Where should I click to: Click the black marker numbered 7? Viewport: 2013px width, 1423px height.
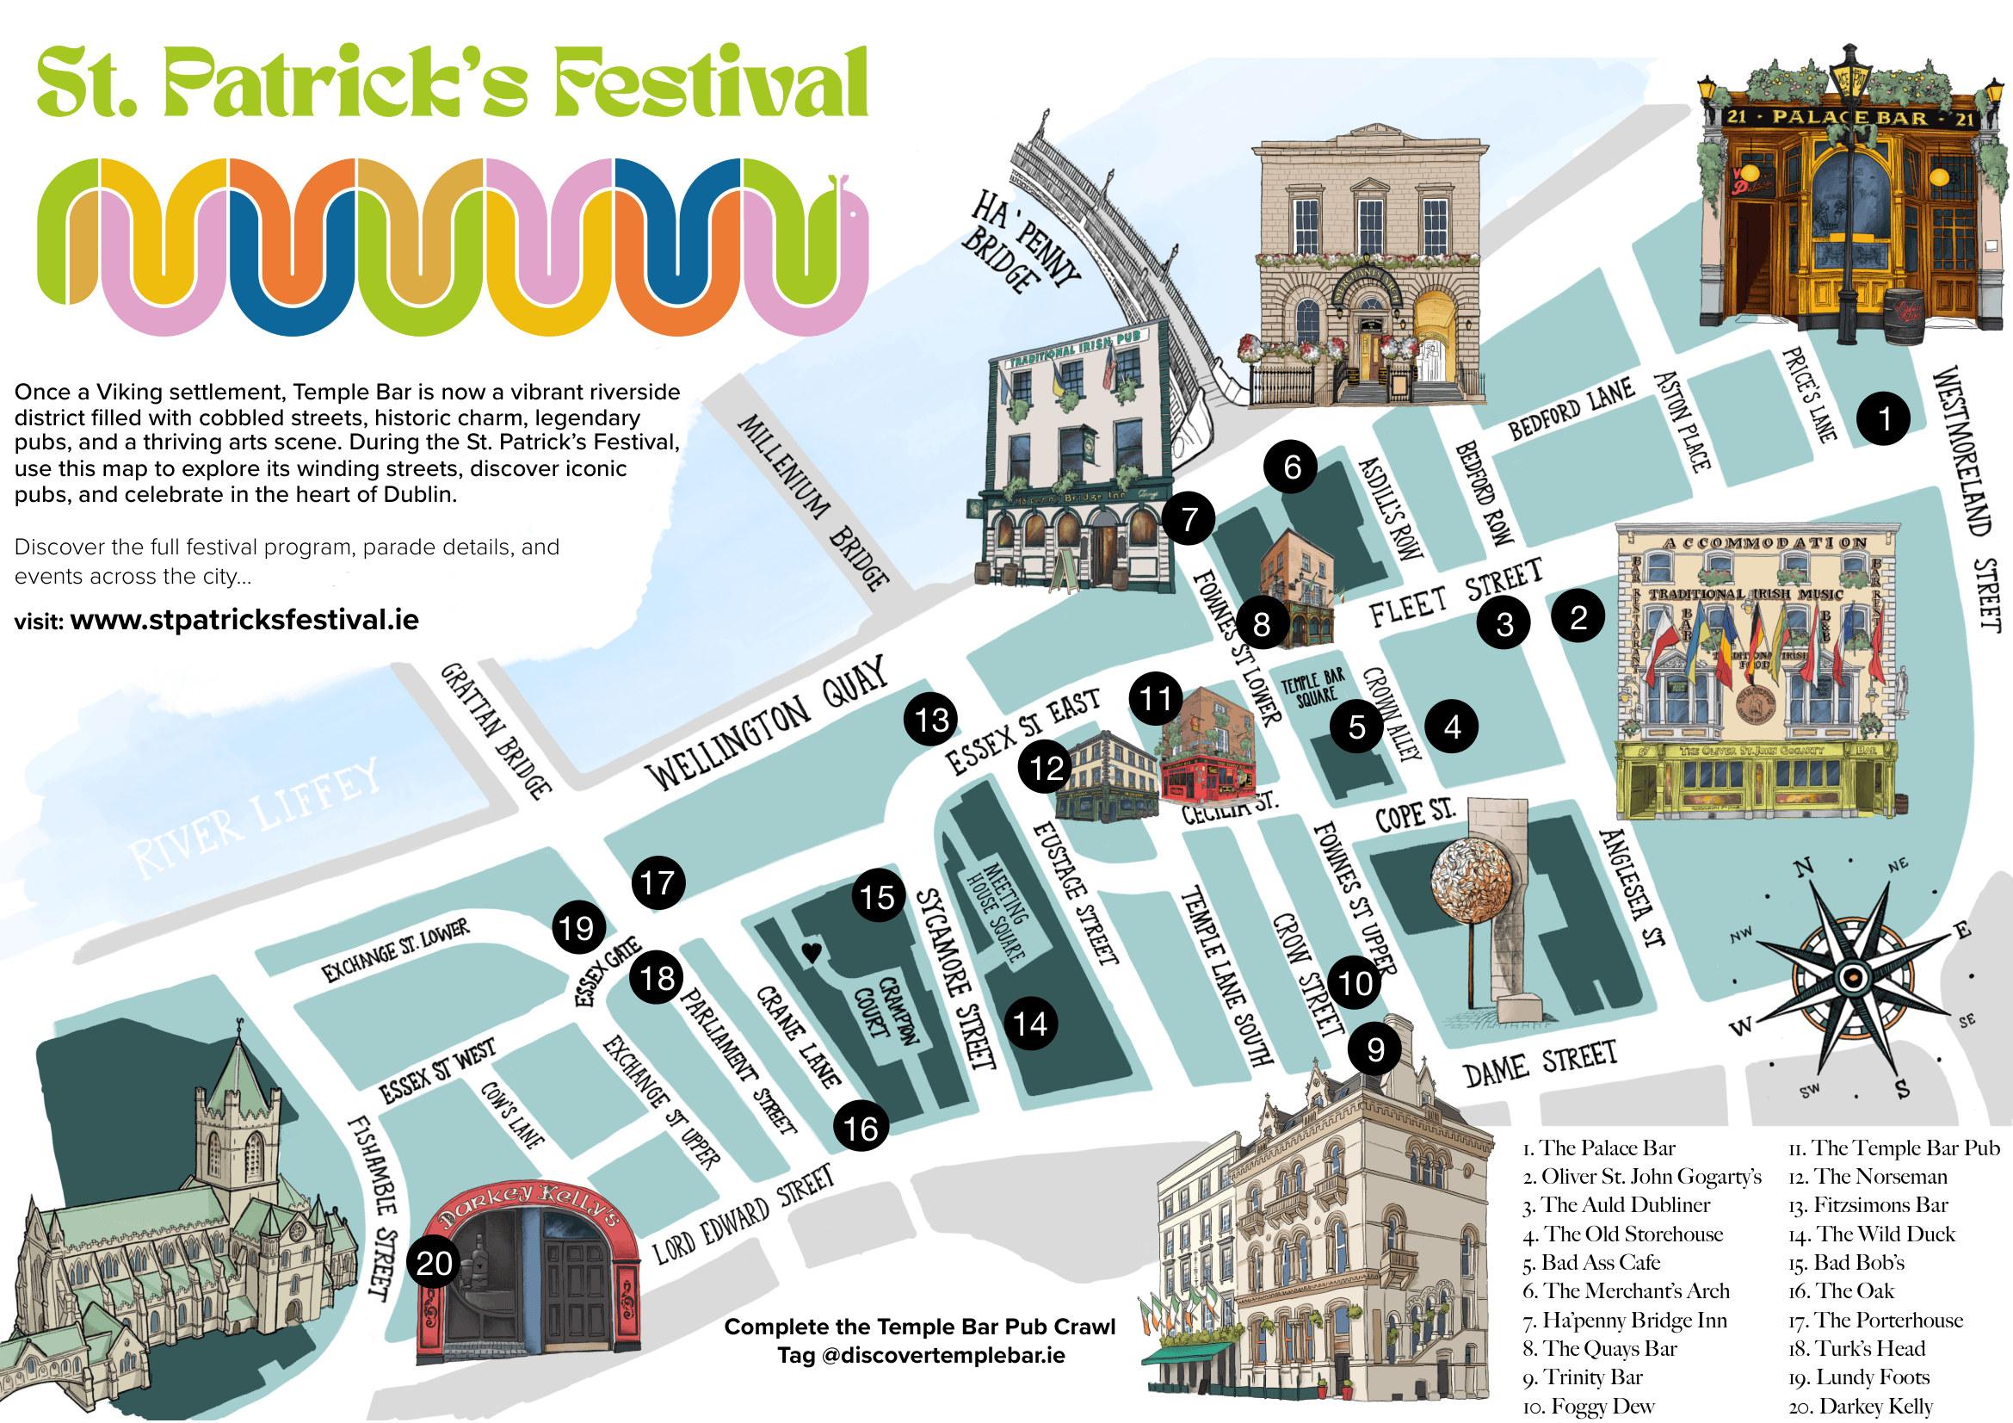tap(1189, 520)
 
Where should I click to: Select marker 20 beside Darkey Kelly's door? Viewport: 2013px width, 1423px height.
tap(434, 1265)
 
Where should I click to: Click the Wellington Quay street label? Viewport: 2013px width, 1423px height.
tap(766, 724)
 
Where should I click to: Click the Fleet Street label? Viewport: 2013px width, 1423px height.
tap(1456, 594)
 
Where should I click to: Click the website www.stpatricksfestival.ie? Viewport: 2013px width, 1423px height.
tap(244, 621)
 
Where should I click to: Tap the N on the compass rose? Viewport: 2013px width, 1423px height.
tap(1803, 869)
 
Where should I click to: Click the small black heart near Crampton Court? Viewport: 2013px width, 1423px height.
tap(812, 952)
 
